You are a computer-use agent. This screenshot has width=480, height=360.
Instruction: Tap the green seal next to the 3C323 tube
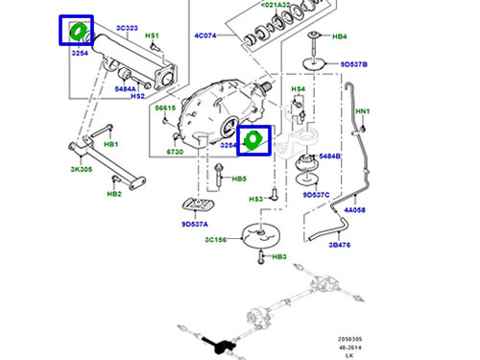tap(76, 33)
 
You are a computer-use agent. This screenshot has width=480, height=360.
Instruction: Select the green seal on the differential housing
tap(253, 140)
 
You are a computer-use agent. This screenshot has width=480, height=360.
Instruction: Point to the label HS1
tap(152, 36)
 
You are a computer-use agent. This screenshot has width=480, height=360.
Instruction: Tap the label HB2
tap(113, 194)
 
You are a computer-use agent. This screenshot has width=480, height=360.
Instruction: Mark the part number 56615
tap(166, 108)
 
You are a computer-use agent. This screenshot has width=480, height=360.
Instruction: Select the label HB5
tap(239, 179)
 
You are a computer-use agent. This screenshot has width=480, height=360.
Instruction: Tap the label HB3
tap(279, 257)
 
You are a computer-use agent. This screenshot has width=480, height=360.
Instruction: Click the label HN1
tap(362, 111)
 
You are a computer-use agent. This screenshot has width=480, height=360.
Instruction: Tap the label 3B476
tap(339, 245)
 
